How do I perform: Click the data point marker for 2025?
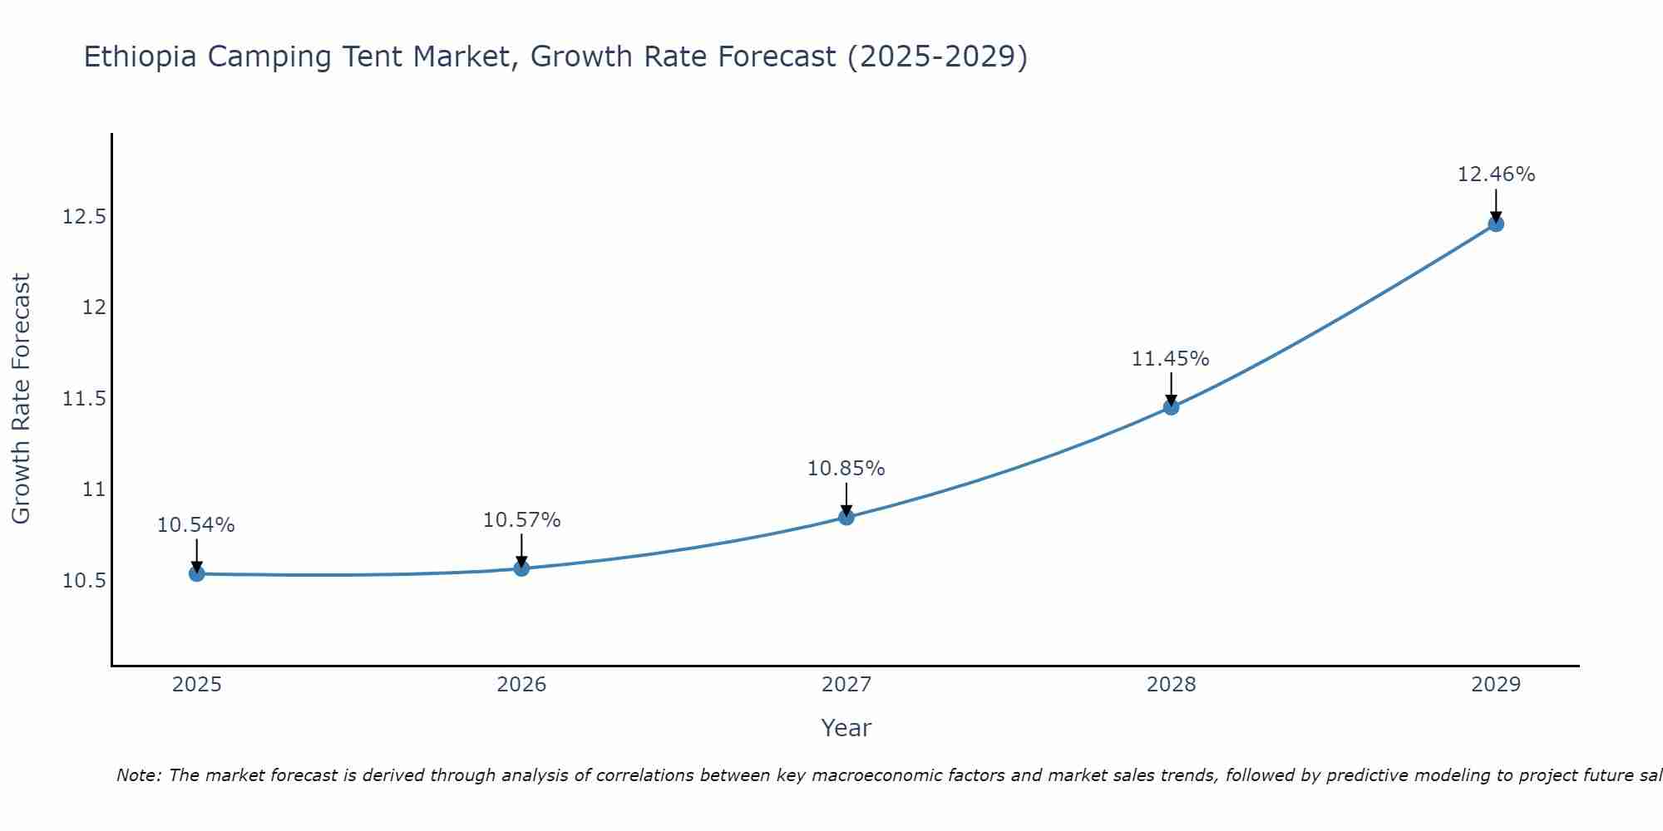(x=197, y=573)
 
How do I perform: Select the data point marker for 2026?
(x=521, y=568)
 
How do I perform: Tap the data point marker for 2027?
(x=846, y=517)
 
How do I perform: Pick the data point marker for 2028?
(x=1171, y=407)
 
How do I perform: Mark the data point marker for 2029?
(x=1496, y=224)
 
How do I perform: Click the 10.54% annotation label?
(x=196, y=525)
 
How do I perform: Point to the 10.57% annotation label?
(x=521, y=520)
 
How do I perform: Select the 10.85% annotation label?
(x=846, y=469)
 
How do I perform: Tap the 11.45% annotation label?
(x=1171, y=359)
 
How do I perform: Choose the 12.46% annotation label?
(x=1496, y=175)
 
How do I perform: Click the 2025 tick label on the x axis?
(x=197, y=685)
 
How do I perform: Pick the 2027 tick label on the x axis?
(x=846, y=685)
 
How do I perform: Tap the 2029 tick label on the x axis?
(x=1496, y=685)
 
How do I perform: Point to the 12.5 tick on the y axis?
(x=85, y=218)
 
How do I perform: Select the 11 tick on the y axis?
(x=95, y=489)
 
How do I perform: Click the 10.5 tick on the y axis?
(x=85, y=580)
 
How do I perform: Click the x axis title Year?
(x=846, y=728)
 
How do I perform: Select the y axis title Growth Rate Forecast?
(x=21, y=398)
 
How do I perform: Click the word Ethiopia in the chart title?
(x=141, y=57)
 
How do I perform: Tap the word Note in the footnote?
(x=137, y=775)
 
